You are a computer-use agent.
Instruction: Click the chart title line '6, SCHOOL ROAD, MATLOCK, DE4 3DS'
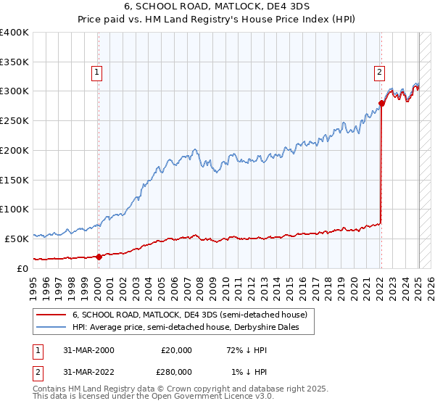[x=217, y=7]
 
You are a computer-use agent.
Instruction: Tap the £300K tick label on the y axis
[x=14, y=91]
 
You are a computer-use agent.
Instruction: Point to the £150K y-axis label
[x=14, y=180]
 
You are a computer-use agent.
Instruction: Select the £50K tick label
[x=17, y=239]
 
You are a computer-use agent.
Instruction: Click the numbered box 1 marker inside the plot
[x=96, y=72]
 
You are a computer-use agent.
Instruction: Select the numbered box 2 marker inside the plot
[x=379, y=72]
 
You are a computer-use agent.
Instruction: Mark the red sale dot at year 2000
[x=99, y=256]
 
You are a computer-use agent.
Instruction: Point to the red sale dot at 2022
[x=382, y=104]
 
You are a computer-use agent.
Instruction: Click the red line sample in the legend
[x=51, y=315]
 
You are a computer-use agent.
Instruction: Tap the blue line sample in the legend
[x=51, y=327]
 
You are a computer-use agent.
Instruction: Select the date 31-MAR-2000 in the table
[x=88, y=350]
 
